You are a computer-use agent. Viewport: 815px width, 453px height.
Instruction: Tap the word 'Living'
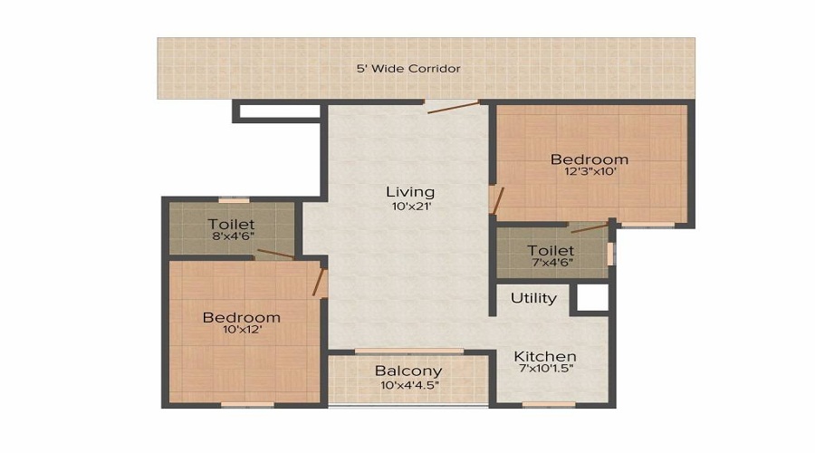pyautogui.click(x=410, y=192)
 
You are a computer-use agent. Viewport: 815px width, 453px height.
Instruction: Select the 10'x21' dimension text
pyautogui.click(x=410, y=207)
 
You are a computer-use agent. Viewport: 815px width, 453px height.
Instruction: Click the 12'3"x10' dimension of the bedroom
pyautogui.click(x=590, y=174)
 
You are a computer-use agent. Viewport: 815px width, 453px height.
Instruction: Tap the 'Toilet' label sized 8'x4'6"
pyautogui.click(x=231, y=224)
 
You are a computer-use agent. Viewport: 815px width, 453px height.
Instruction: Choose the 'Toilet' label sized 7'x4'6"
pyautogui.click(x=551, y=250)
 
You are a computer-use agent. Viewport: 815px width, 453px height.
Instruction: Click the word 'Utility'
pyautogui.click(x=533, y=298)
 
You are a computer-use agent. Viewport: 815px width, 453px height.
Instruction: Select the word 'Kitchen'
pyautogui.click(x=545, y=356)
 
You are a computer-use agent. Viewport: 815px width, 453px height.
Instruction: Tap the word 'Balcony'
pyautogui.click(x=408, y=371)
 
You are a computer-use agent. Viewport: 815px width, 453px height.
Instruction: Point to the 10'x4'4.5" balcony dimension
pyautogui.click(x=408, y=386)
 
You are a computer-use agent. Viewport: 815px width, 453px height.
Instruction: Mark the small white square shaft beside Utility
pyautogui.click(x=593, y=298)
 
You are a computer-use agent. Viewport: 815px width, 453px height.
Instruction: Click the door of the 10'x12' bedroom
pyautogui.click(x=319, y=281)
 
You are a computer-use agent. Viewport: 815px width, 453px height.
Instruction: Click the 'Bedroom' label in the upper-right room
pyautogui.click(x=590, y=159)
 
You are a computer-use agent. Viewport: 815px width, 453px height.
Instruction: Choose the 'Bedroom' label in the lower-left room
pyautogui.click(x=241, y=317)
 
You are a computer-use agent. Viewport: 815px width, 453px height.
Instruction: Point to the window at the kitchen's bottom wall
pyautogui.click(x=548, y=404)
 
